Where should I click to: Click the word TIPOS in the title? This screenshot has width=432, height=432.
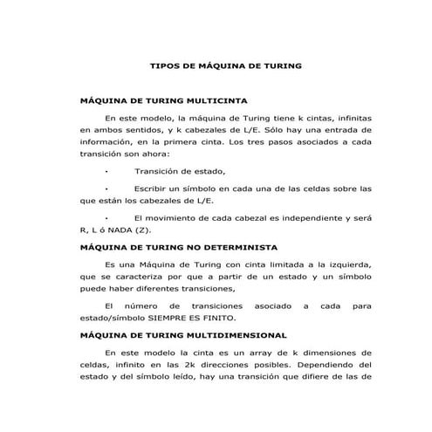pos(165,65)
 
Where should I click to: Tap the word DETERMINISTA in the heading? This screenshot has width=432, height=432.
pos(234,247)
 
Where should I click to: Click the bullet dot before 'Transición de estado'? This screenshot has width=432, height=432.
pos(106,171)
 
